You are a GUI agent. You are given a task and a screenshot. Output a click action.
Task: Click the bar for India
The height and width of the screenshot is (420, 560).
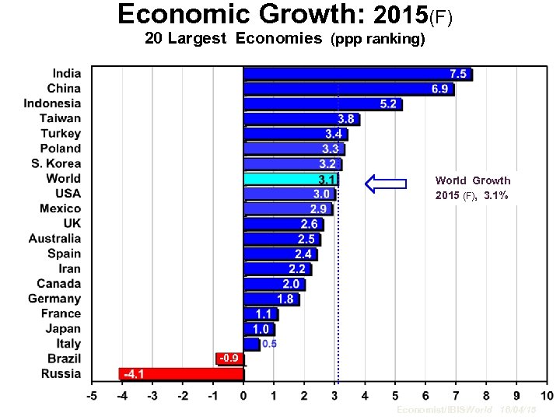pos(357,74)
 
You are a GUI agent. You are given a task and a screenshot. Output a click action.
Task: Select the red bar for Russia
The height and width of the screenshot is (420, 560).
pos(181,374)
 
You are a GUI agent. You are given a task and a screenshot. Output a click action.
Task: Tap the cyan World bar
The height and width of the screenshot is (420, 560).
pos(290,179)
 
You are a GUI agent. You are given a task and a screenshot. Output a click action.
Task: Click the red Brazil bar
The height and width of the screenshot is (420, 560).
pos(229,359)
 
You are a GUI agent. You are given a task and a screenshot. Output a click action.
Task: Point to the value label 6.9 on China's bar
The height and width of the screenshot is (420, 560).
pos(440,89)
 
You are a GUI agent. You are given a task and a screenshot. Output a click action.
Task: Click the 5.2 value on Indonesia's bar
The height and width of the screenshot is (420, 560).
pos(388,104)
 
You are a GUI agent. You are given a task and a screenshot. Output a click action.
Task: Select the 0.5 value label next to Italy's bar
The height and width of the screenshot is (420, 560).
pos(269,344)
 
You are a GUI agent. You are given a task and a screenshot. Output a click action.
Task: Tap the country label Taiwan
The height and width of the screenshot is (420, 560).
pos(60,118)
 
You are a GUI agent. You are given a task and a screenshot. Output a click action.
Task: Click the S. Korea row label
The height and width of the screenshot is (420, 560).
pos(55,163)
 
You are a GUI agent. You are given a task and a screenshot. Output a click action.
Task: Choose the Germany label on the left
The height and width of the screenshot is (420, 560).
pos(54,299)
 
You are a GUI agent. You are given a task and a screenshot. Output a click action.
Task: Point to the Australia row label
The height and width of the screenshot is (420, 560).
pos(54,239)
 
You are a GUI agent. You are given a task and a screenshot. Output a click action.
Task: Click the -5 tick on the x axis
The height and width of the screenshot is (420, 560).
pos(91,396)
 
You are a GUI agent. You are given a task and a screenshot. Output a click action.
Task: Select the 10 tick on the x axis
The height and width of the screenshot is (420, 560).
pos(547,396)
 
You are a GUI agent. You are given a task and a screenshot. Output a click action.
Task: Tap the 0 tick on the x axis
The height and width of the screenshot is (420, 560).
pos(243,396)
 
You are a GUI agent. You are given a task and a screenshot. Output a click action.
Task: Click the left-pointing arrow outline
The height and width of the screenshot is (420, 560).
pos(386,184)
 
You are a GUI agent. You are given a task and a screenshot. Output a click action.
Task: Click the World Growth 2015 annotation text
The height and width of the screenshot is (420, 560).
pos(473,188)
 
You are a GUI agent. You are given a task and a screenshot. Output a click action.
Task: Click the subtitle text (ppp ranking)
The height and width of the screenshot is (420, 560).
pos(378,40)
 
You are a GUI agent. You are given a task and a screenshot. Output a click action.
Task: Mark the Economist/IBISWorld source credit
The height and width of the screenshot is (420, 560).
pos(444,409)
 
